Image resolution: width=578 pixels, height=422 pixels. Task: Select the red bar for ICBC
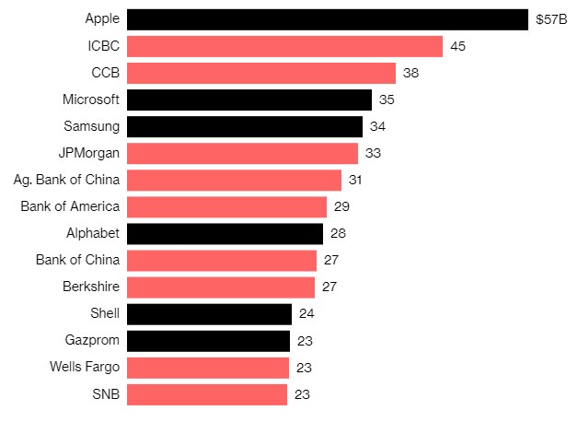click(x=284, y=46)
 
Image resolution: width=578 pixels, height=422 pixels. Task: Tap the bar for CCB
click(x=260, y=73)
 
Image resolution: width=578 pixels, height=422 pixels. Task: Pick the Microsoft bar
click(x=249, y=100)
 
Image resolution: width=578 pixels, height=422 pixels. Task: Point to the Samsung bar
click(x=244, y=126)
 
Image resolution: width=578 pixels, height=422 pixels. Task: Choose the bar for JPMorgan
click(x=242, y=153)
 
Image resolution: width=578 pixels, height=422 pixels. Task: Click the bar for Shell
click(x=209, y=314)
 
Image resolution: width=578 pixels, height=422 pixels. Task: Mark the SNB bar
click(x=206, y=394)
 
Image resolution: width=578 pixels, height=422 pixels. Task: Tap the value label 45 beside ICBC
click(x=457, y=46)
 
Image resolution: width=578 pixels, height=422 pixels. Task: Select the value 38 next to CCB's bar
click(x=410, y=73)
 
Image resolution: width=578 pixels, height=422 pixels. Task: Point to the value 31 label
click(x=355, y=180)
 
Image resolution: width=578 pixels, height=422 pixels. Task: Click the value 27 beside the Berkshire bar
click(x=329, y=287)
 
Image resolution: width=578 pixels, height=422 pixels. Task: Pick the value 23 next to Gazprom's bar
click(x=305, y=341)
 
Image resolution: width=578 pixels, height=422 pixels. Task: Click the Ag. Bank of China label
click(x=67, y=180)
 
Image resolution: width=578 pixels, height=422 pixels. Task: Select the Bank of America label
click(x=70, y=206)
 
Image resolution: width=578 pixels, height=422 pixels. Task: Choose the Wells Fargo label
click(x=85, y=368)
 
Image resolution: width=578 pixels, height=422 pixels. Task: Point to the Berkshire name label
click(x=91, y=287)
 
